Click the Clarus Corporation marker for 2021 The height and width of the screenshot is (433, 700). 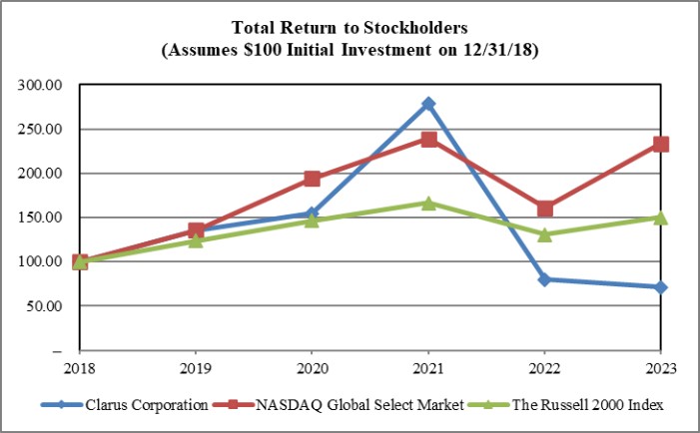[428, 104]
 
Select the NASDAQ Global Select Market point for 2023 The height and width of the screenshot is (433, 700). [661, 144]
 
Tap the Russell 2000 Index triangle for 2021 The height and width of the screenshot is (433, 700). [428, 203]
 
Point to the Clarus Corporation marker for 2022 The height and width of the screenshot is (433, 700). [544, 279]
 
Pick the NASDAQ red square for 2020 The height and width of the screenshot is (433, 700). [312, 179]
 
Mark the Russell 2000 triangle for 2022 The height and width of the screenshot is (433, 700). [544, 234]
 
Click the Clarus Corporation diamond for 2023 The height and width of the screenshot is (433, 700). [661, 287]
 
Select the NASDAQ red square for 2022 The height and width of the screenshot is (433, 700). [544, 209]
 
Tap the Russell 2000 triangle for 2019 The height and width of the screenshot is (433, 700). [196, 240]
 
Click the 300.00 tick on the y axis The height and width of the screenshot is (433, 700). [40, 86]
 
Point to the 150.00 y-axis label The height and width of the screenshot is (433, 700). [40, 217]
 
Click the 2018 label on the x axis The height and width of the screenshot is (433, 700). [80, 367]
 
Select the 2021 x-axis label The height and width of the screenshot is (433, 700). [428, 367]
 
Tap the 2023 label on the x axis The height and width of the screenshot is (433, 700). [661, 367]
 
